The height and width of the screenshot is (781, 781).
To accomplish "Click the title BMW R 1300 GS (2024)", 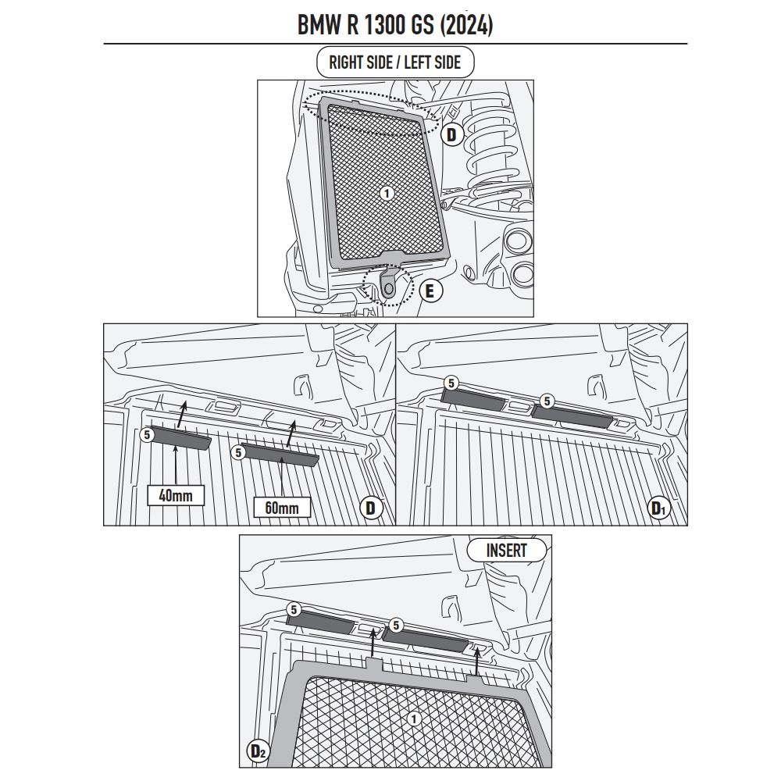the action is coord(395,24).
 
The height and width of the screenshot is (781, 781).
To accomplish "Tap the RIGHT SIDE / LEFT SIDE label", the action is coord(395,62).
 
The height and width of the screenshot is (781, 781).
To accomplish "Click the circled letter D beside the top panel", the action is coord(451,134).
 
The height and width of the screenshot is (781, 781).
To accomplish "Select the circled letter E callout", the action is coord(430,291).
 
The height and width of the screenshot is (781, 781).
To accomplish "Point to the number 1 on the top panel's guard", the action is coord(387,193).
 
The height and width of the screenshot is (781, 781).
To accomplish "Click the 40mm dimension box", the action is coord(176,495).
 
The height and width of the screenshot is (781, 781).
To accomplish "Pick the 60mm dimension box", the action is coord(282,508).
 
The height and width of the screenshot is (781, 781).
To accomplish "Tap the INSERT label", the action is coord(506,551).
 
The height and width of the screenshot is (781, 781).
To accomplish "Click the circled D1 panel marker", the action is coord(658,508).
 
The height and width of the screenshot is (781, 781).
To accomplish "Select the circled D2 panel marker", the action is coord(258,751).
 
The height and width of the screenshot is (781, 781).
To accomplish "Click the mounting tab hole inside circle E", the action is coord(388,288).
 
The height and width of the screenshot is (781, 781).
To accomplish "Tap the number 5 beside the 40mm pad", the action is coord(147,435).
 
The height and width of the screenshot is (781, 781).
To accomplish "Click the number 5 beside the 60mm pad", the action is coord(238,453).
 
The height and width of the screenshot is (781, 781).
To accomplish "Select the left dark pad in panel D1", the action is coord(473,399).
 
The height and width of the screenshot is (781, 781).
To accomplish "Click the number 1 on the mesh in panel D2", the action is coord(413,719).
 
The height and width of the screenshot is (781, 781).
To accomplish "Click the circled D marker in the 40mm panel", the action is coord(370,508).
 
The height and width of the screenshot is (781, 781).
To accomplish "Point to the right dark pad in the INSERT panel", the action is coord(425,640).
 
